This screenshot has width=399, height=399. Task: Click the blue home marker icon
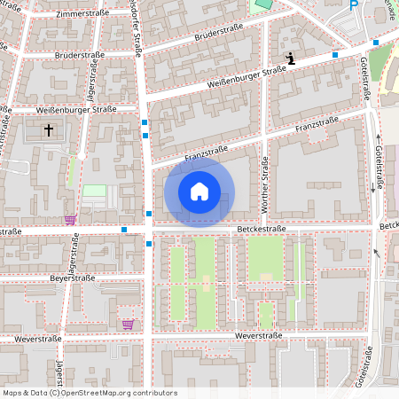pyautogui.click(x=199, y=192)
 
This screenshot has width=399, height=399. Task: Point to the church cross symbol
pyautogui.click(x=48, y=130)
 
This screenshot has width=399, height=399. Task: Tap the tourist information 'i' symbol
pyautogui.click(x=289, y=59)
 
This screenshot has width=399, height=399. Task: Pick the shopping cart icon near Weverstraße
pyautogui.click(x=128, y=324)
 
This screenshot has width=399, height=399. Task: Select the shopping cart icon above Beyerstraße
pyautogui.click(x=70, y=219)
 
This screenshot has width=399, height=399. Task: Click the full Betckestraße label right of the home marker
pyautogui.click(x=262, y=229)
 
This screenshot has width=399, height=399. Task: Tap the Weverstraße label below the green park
pyautogui.click(x=258, y=336)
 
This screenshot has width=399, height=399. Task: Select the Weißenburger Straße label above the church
pyautogui.click(x=76, y=109)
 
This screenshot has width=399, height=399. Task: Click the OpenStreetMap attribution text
pyautogui.click(x=90, y=392)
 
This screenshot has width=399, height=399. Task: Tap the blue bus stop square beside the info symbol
pyautogui.click(x=334, y=55)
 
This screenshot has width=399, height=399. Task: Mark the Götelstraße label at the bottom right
pyautogui.click(x=364, y=366)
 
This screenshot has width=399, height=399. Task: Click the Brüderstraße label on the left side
pyautogui.click(x=80, y=54)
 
